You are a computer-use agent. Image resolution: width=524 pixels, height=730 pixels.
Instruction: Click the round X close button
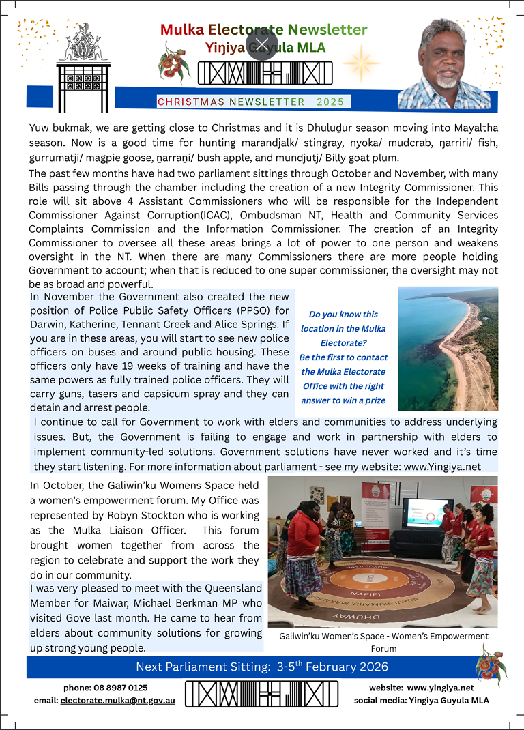click(x=263, y=44)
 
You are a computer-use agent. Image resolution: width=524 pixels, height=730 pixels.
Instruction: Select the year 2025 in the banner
click(x=330, y=102)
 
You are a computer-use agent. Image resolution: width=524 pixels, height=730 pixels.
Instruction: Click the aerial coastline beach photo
click(x=448, y=348)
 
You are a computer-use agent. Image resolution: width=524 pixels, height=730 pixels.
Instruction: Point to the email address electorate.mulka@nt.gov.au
click(x=117, y=701)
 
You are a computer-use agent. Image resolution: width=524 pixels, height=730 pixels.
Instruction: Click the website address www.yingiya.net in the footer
click(x=440, y=688)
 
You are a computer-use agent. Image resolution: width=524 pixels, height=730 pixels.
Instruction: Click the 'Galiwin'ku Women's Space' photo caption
click(x=383, y=637)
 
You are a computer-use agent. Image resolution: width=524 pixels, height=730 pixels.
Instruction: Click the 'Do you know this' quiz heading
click(x=343, y=315)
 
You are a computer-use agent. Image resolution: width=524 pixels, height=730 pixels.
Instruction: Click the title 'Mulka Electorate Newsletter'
click(x=263, y=30)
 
